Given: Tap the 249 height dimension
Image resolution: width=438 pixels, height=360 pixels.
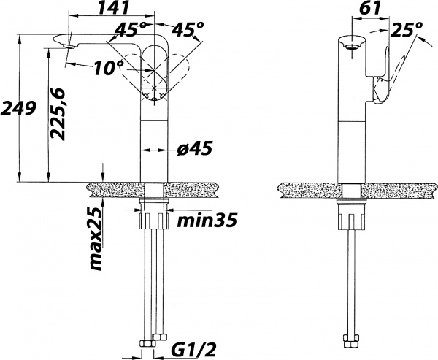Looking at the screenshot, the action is pos(18,109).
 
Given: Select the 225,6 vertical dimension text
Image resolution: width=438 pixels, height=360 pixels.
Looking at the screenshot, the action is pos(57,114).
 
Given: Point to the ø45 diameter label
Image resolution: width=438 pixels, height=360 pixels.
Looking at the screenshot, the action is pos(195,148).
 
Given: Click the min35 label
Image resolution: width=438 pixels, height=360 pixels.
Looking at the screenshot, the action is pos(207,220).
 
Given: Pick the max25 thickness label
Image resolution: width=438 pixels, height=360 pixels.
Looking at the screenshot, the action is pos(96,239).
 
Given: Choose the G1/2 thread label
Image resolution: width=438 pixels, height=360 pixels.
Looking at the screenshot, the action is pos(193,350).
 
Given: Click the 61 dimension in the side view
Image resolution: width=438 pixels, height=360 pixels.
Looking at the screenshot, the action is pos(370,7).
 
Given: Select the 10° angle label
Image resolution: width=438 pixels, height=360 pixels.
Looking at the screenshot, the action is pos(108,68).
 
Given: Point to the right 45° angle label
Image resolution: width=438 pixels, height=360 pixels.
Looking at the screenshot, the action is pos(188,30).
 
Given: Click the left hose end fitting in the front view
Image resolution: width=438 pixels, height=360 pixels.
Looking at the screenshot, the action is pos(147,343).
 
